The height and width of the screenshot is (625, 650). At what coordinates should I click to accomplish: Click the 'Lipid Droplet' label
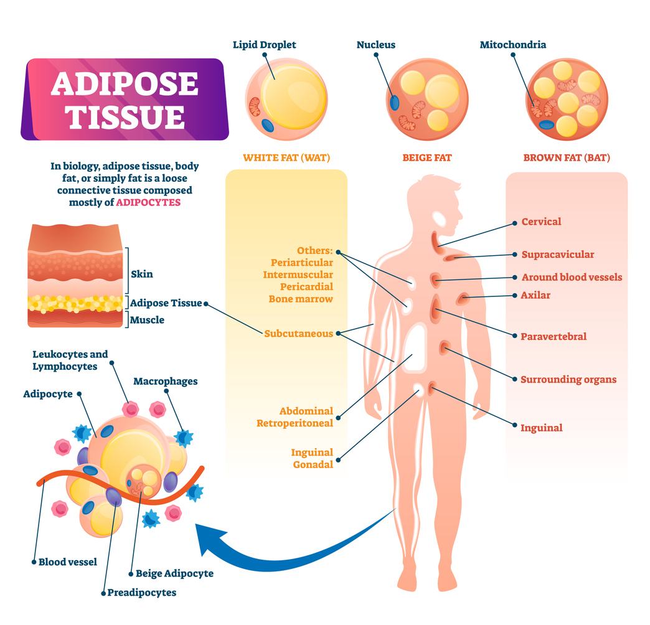click(x=264, y=45)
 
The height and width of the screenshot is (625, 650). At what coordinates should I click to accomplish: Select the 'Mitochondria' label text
click(x=512, y=45)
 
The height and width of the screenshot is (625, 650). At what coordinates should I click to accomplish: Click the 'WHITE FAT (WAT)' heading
click(x=286, y=157)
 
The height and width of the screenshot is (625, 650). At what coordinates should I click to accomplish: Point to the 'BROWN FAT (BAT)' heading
click(x=567, y=157)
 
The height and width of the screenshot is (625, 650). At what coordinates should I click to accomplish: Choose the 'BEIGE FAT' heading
click(x=426, y=157)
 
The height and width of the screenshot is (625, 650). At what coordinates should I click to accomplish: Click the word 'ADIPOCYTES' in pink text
click(x=148, y=202)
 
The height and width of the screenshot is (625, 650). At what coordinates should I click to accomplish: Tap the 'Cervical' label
click(x=541, y=222)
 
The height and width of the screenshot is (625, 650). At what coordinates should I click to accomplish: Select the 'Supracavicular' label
click(x=557, y=254)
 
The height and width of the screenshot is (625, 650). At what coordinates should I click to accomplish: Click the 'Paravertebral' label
click(x=553, y=336)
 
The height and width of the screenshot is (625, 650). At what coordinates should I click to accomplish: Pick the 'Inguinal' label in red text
click(x=541, y=428)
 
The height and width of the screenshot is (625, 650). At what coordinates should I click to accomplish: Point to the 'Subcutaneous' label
click(x=298, y=334)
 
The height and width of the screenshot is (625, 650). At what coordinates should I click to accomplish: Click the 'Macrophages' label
click(x=165, y=381)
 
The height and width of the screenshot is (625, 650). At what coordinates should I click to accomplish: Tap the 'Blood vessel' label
click(x=68, y=562)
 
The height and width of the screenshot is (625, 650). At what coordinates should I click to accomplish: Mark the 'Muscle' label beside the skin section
click(x=148, y=320)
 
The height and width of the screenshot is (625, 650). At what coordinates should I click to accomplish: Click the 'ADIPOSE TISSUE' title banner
click(x=125, y=100)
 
